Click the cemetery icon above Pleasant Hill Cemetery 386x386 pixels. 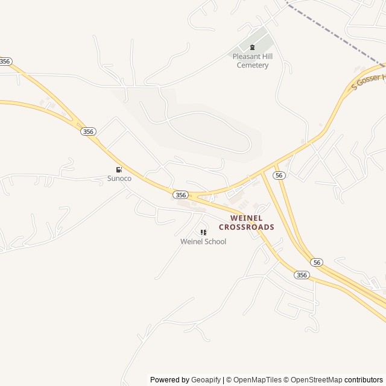coord(252,48)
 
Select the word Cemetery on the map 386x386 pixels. coord(252,65)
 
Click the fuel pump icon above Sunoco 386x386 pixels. coord(119,170)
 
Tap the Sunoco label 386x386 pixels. coord(119,179)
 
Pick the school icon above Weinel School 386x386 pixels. coord(203,233)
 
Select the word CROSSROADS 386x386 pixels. coord(246,227)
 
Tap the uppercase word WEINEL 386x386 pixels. coord(246,218)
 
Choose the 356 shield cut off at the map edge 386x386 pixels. coord(5,62)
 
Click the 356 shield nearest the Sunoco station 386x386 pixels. coord(88,131)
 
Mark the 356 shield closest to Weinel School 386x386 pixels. coord(180,195)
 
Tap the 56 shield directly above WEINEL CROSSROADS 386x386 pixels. coord(278,175)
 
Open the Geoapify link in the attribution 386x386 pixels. coord(206,380)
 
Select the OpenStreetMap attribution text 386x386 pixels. coord(315,380)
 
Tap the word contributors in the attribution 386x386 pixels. coord(364,380)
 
